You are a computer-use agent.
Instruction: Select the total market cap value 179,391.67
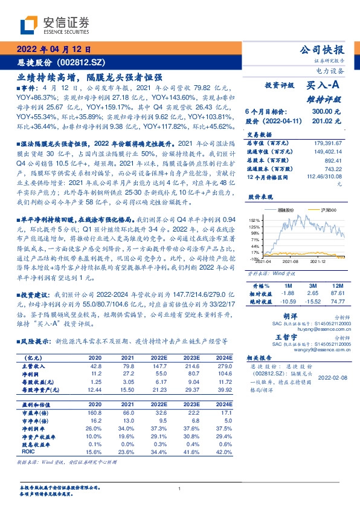(327, 143)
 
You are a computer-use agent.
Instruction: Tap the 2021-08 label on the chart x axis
(289, 262)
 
